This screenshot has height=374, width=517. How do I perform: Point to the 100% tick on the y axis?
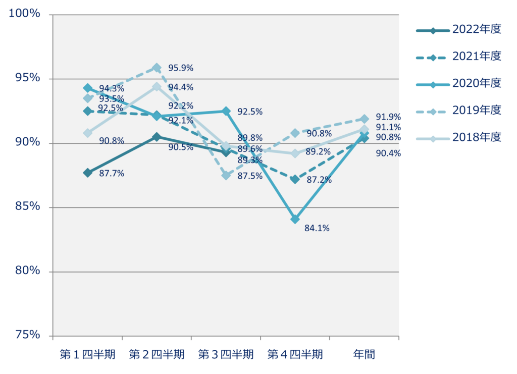coord(24,14)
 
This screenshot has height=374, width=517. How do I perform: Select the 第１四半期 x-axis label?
coord(88,354)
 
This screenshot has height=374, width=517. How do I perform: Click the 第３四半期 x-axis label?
coord(226,354)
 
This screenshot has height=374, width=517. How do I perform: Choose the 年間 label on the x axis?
coord(364,354)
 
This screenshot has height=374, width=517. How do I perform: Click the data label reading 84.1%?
coord(317,229)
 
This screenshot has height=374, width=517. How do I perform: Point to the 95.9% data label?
coord(181,68)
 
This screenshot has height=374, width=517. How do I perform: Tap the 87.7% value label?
coord(112,174)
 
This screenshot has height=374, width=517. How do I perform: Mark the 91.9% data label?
coord(388,117)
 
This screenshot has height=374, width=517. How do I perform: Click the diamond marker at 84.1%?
coord(295,219)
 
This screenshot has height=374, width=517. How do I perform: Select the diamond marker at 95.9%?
coord(157,68)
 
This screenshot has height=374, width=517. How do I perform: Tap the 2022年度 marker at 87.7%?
coord(88,173)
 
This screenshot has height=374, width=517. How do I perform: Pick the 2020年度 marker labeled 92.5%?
coord(226,111)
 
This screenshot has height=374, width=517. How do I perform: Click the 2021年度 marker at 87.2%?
coord(295,179)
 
